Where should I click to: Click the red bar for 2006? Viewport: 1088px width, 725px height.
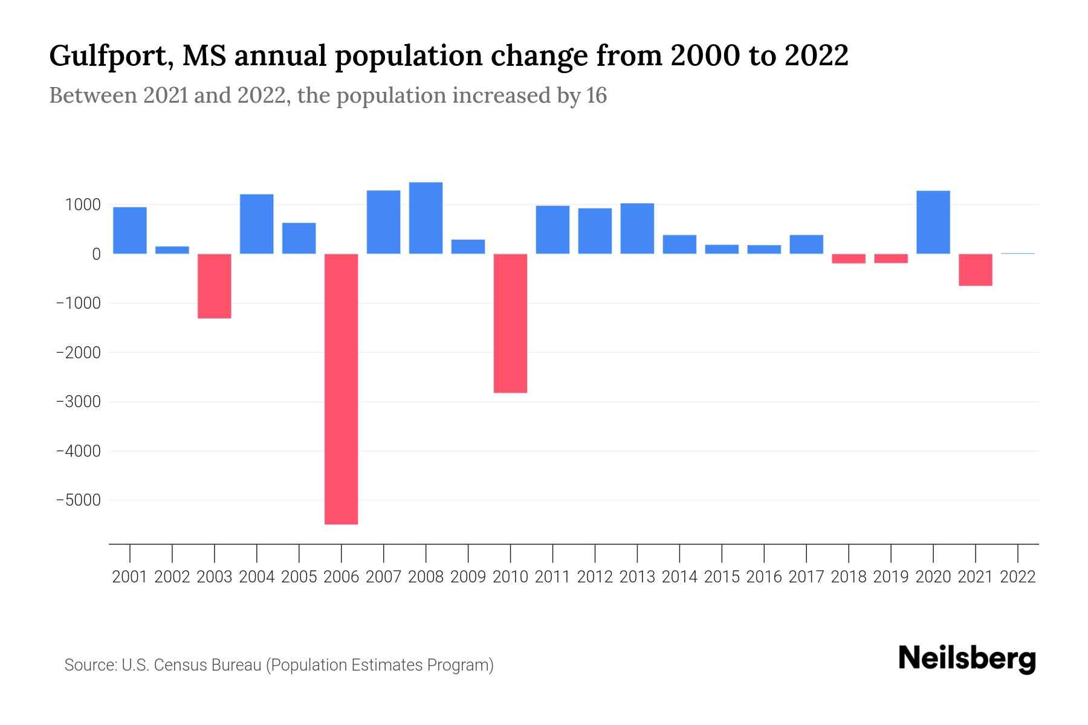click(342, 388)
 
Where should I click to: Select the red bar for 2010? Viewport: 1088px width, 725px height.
click(510, 323)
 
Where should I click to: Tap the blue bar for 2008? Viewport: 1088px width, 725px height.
click(426, 217)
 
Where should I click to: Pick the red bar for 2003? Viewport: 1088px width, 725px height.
click(215, 286)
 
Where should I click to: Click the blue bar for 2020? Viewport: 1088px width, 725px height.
click(933, 222)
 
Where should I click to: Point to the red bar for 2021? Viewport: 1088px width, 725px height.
click(976, 269)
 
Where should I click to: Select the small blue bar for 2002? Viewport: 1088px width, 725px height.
click(172, 250)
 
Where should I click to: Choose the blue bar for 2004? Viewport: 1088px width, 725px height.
click(257, 224)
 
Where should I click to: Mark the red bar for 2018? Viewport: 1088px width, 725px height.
click(849, 259)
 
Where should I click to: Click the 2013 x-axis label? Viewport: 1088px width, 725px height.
click(637, 577)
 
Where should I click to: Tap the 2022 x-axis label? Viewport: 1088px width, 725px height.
click(1018, 577)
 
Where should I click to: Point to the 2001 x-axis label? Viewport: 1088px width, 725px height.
click(130, 577)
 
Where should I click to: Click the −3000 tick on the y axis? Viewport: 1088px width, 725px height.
click(78, 402)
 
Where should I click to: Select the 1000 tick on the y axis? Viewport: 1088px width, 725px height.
click(83, 205)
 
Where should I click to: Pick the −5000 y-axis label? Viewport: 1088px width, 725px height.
click(78, 500)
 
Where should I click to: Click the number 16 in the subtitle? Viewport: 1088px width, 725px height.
click(596, 95)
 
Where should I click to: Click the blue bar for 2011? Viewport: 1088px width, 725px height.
click(552, 230)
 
